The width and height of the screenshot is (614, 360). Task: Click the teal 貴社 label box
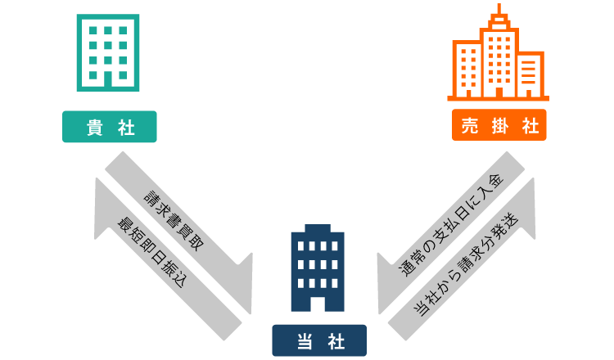110,127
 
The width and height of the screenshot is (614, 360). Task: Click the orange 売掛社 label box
499,125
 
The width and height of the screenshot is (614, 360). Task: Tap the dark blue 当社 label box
319,340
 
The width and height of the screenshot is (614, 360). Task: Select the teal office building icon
108,52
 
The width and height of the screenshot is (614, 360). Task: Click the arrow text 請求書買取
174,220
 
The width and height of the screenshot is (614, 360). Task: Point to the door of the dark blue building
318,304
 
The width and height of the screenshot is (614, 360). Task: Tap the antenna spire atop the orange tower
499,10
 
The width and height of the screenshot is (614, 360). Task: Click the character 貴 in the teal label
94,128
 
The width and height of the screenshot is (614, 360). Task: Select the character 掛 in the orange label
499,125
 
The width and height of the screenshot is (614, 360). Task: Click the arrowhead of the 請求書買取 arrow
244,282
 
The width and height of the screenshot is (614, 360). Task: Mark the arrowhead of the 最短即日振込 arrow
102,205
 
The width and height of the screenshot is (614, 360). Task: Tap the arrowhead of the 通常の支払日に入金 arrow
386,283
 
